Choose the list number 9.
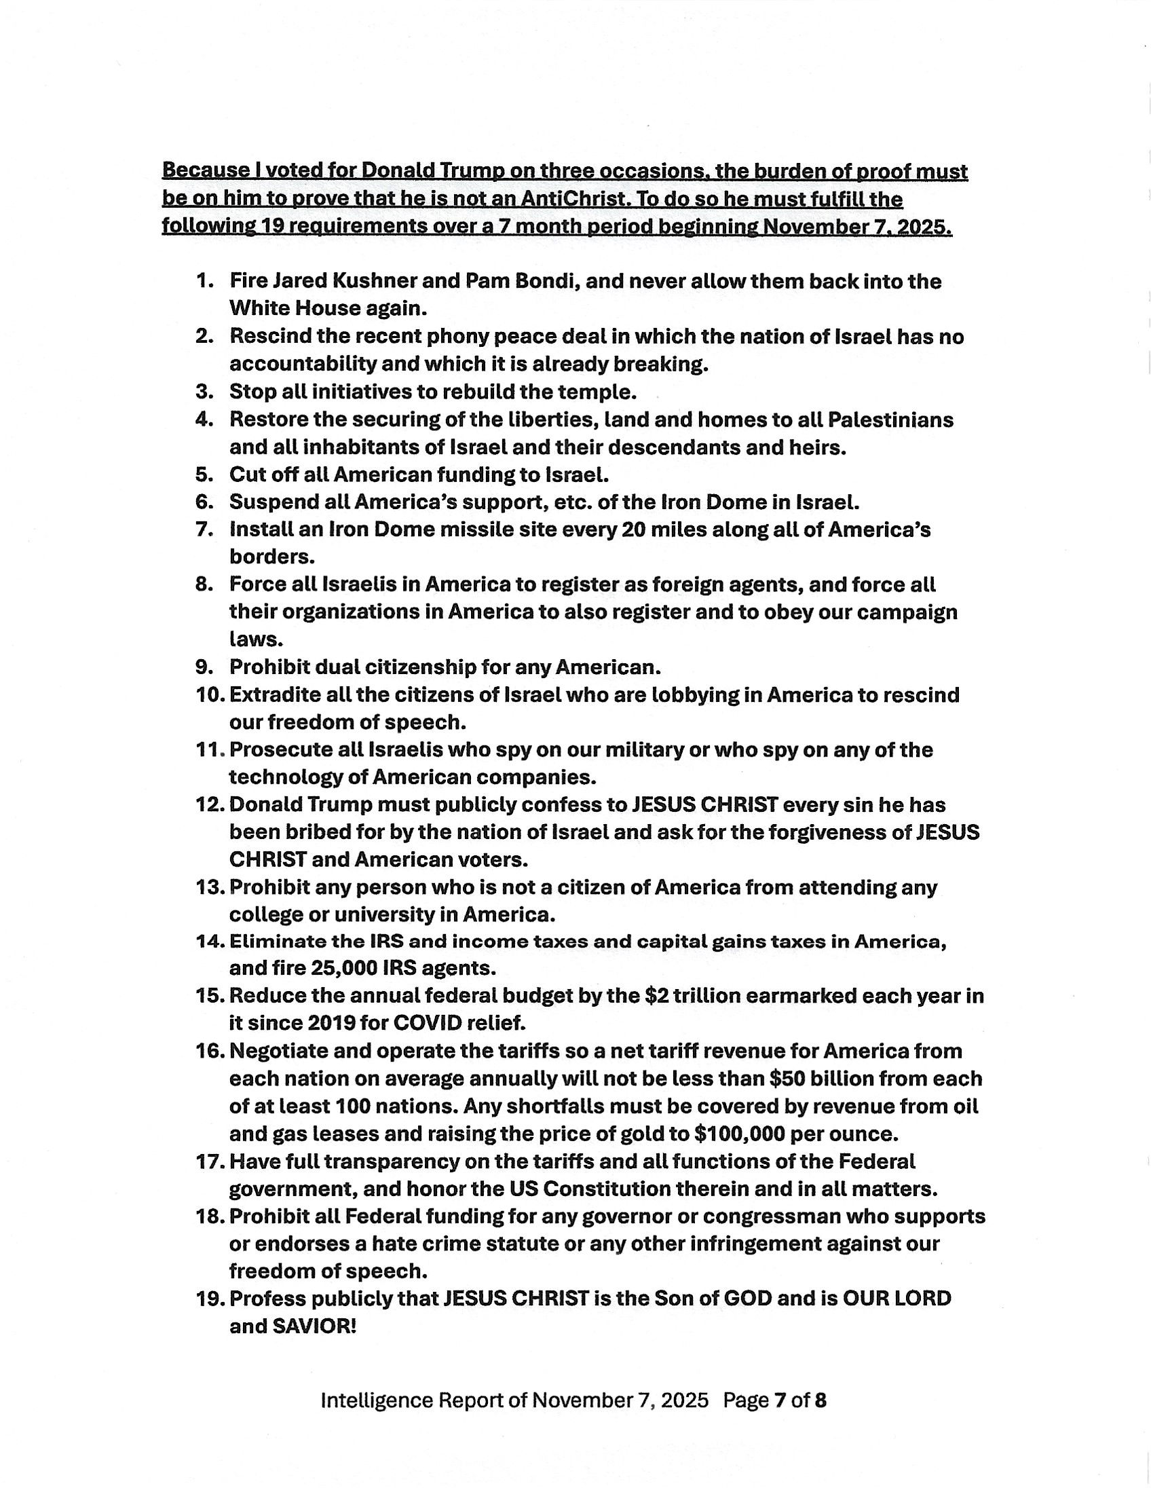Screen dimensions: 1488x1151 (x=205, y=667)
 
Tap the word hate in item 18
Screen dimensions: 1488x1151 (x=385, y=1244)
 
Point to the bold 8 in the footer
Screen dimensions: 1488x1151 (x=820, y=1401)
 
